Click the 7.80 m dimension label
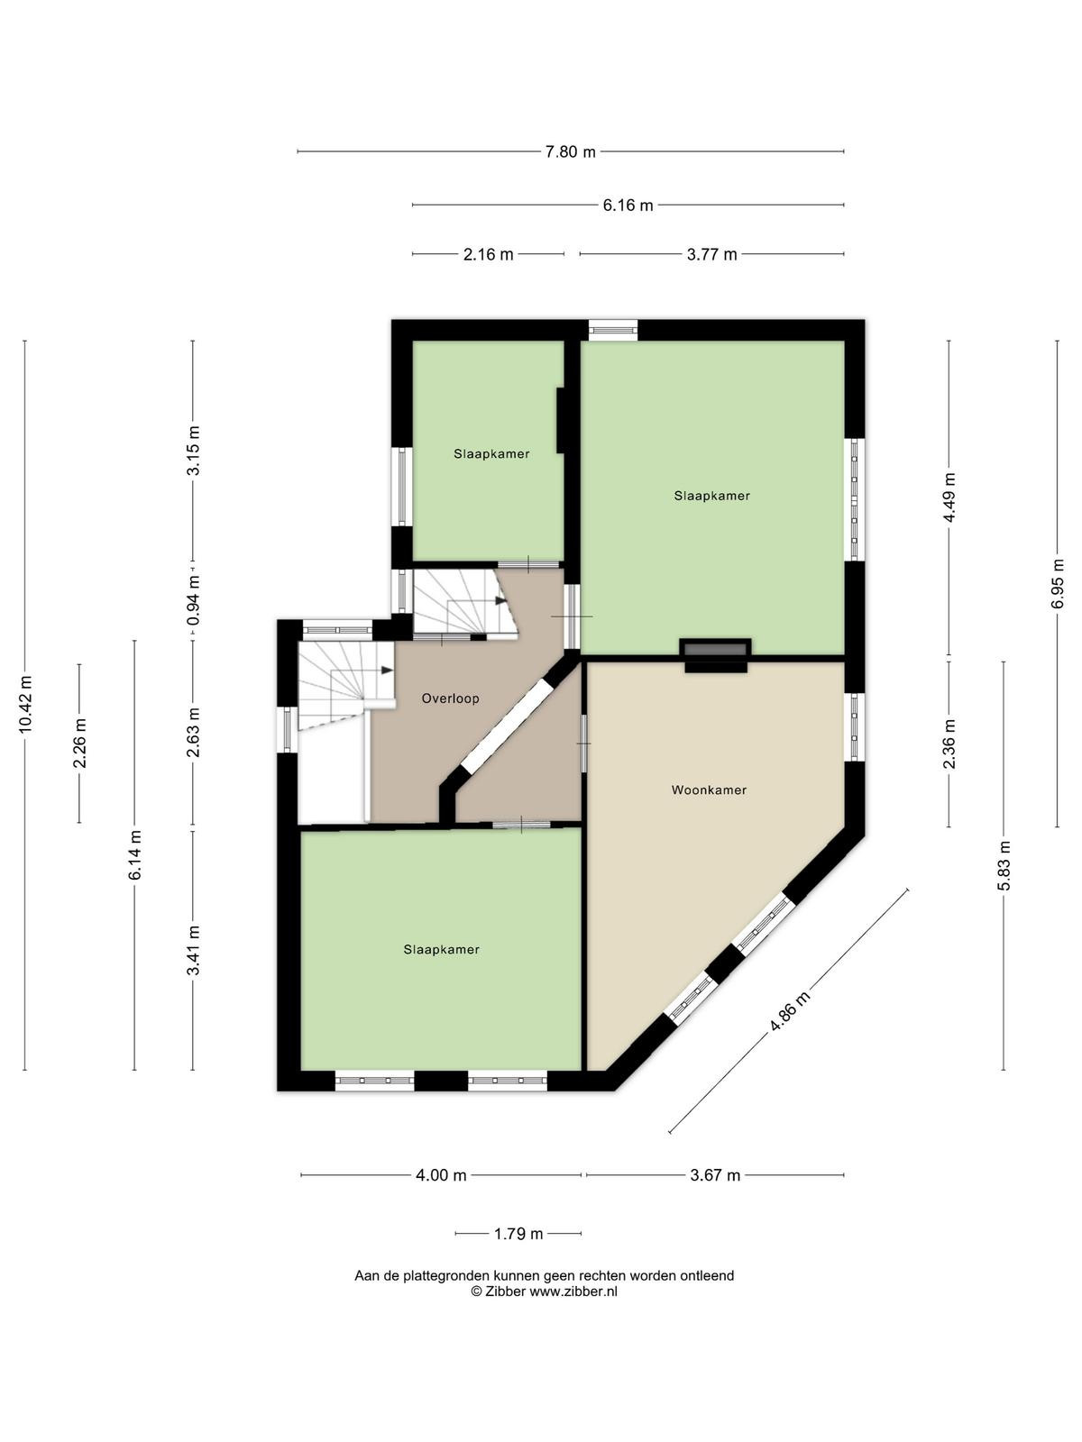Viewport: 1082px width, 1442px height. pos(570,151)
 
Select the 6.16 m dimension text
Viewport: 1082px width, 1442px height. pos(628,205)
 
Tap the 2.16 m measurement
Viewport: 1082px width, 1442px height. pos(488,254)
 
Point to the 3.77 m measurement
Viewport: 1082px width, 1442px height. pos(711,254)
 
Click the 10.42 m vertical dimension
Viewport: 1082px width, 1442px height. pos(25,704)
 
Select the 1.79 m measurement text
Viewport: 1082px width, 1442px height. pos(518,1234)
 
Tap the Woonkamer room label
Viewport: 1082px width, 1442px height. pos(709,790)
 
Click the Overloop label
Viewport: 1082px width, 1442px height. pos(450,698)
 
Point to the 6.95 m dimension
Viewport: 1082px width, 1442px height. pos(1057,583)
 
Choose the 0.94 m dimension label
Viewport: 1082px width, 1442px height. pos(193,601)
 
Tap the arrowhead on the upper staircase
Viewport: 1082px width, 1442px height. pos(500,600)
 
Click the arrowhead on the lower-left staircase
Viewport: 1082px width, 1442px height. pos(387,671)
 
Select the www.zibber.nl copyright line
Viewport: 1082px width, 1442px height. pos(544,1291)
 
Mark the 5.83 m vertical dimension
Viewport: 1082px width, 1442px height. pos(1004,866)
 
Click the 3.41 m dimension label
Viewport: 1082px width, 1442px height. pos(193,951)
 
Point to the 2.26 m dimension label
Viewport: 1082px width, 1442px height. pos(79,743)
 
